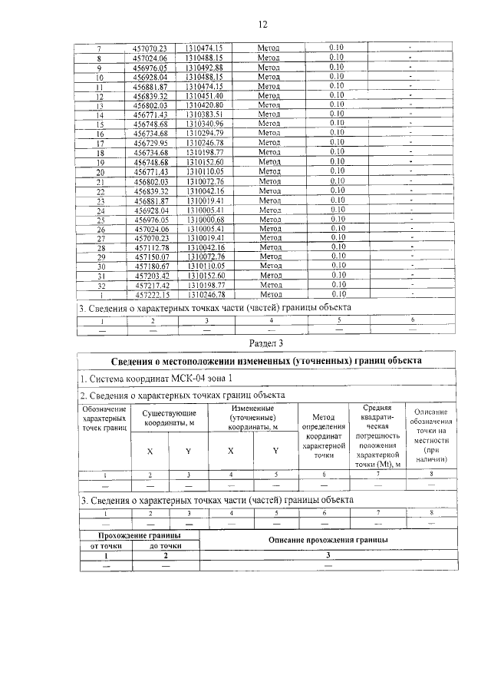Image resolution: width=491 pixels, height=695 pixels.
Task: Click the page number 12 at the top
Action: pyautogui.click(x=262, y=24)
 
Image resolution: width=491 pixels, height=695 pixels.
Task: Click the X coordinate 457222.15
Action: pyautogui.click(x=151, y=294)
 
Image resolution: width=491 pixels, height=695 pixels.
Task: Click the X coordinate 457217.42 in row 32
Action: pyautogui.click(x=151, y=285)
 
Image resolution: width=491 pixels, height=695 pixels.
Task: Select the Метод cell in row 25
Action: pyautogui.click(x=269, y=219)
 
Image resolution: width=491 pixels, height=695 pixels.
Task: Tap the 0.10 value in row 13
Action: pyautogui.click(x=336, y=104)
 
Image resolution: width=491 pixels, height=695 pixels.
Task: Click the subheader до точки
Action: pyautogui.click(x=165, y=545)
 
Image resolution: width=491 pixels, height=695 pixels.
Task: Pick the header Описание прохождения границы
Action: pyautogui.click(x=328, y=540)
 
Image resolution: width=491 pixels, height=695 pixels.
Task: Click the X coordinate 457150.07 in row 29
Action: pyautogui.click(x=151, y=256)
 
